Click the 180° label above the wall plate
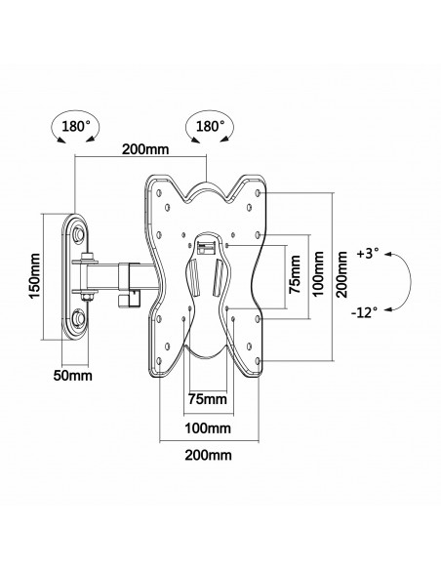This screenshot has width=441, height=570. (75, 127)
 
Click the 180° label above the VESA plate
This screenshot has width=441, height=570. (210, 127)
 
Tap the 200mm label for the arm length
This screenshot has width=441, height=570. (145, 149)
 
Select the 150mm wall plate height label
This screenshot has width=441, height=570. (35, 276)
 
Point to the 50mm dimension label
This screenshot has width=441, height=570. (72, 376)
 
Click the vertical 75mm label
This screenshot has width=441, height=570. (295, 274)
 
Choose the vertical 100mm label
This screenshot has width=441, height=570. (318, 273)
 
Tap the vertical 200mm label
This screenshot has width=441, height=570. (341, 273)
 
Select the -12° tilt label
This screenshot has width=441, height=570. (364, 312)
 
